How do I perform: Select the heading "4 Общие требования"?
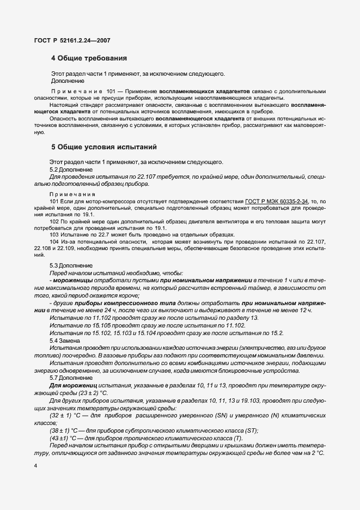point(89,57)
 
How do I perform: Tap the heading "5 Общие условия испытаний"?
point(103,147)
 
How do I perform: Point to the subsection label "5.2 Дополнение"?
point(71,169)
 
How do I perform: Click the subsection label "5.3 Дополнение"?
point(71,265)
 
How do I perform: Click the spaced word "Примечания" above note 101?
point(72,194)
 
